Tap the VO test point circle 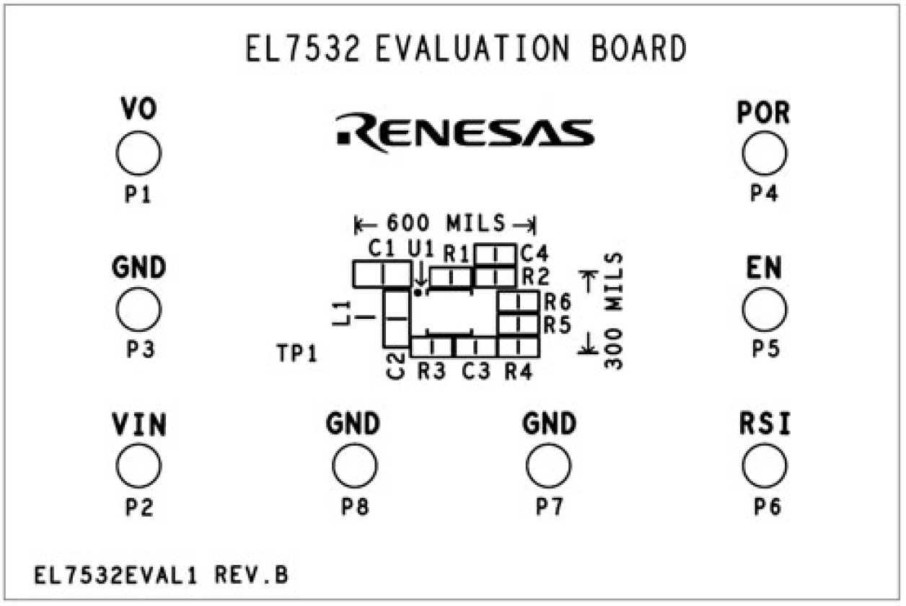[x=138, y=154]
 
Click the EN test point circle [x=764, y=311]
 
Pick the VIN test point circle [x=138, y=466]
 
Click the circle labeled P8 [x=355, y=466]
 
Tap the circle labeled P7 [x=549, y=466]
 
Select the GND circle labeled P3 [x=138, y=309]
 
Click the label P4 [x=764, y=193]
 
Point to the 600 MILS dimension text [x=445, y=224]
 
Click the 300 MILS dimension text [x=613, y=310]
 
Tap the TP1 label [x=296, y=353]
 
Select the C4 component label [x=535, y=253]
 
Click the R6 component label [x=557, y=301]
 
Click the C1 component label [x=381, y=249]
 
